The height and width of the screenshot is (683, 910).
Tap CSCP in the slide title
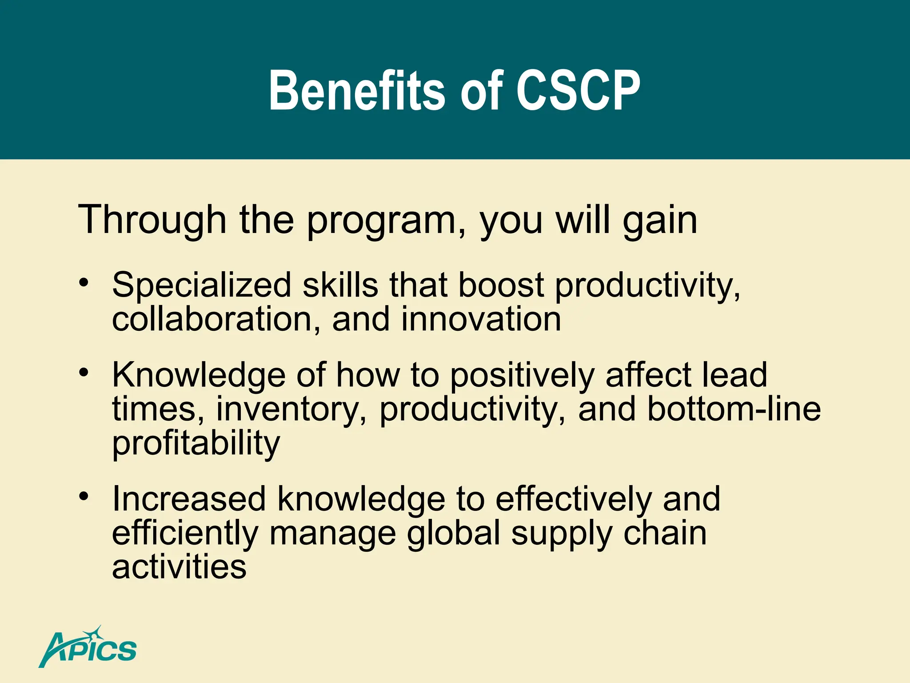coord(578,91)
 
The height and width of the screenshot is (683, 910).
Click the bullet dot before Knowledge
coord(84,372)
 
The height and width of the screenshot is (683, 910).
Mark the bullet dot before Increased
coord(84,496)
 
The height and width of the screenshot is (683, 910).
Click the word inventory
coord(291,410)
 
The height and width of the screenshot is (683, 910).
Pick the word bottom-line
coord(734,409)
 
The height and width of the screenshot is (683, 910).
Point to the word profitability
coord(196,444)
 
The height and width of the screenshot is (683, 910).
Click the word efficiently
coord(185,534)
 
